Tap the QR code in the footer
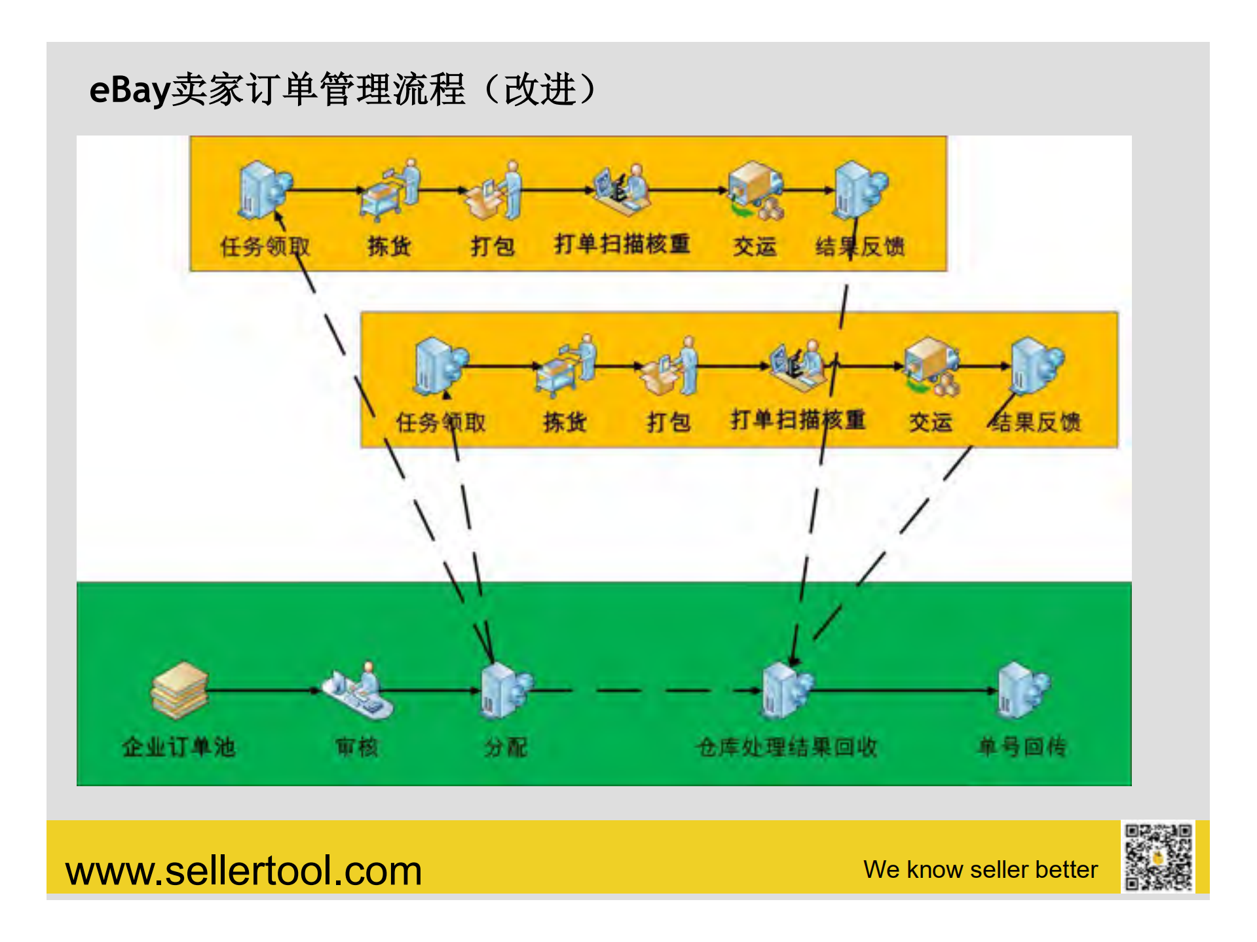[x=1157, y=857]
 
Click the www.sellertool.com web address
[x=244, y=871]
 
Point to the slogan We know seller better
[x=980, y=870]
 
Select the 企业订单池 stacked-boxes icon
[x=179, y=690]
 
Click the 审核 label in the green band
[x=357, y=747]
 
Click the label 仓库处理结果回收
[x=787, y=747]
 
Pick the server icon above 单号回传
[x=1022, y=690]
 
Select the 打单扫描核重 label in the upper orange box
[x=622, y=244]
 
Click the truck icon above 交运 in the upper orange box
[x=756, y=190]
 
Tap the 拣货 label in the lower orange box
[x=564, y=422]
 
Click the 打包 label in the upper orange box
[x=493, y=247]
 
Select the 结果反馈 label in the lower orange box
[x=1035, y=422]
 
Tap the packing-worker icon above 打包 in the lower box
[x=670, y=367]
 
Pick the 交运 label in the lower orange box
[x=930, y=422]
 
